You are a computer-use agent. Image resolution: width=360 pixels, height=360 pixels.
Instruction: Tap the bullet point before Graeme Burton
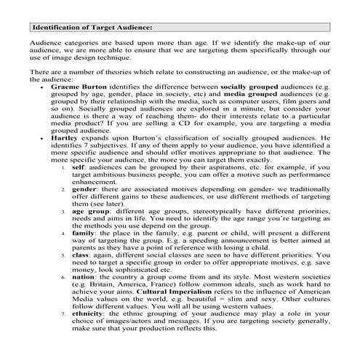tap(43, 107)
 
